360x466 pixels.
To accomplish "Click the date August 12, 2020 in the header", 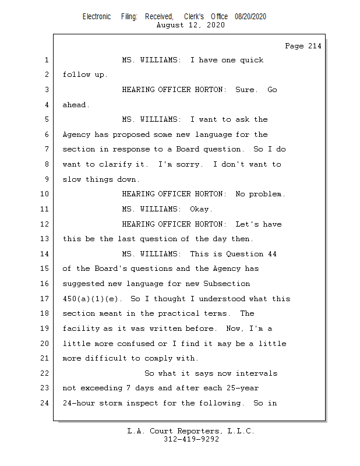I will click(191, 25).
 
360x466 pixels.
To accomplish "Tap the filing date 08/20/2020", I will click(250, 17).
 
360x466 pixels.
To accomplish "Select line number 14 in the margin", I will click(46, 254).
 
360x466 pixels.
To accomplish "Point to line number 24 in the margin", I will click(46, 403).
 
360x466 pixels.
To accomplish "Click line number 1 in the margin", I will click(46, 60).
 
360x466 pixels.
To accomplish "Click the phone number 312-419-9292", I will click(191, 440).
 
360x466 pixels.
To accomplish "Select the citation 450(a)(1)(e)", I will click(90, 299).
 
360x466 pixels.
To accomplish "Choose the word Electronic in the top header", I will click(97, 17).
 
